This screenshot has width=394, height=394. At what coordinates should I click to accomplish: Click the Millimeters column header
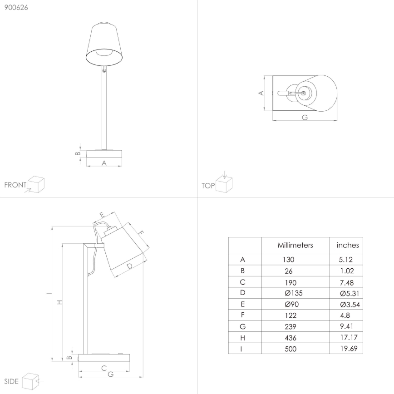tap(295, 245)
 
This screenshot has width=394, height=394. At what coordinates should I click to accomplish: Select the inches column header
tap(347, 245)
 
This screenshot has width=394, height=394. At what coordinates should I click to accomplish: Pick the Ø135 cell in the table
tap(290, 293)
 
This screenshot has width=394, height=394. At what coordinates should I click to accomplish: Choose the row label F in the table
tap(242, 315)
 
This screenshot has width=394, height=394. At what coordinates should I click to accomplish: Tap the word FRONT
tap(15, 185)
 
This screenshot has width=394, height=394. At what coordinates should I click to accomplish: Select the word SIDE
tap(11, 380)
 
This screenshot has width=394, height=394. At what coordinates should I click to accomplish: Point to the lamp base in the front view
tap(104, 155)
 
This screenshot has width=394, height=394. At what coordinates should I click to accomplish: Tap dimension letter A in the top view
tap(261, 93)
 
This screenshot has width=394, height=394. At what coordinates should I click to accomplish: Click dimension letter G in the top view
tap(305, 117)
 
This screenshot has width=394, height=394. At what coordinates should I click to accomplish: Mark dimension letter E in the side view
tap(102, 214)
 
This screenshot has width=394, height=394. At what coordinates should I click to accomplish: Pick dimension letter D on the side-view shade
tap(129, 266)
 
